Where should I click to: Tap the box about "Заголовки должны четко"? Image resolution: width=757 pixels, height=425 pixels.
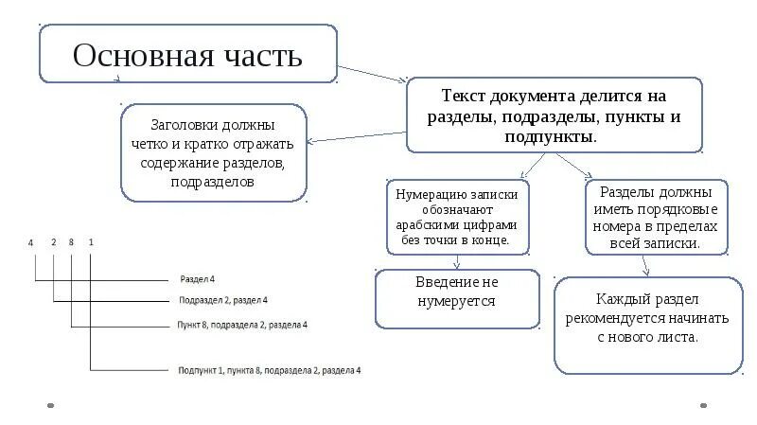tap(213, 152)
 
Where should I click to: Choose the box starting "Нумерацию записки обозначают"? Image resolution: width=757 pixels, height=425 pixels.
tap(457, 217)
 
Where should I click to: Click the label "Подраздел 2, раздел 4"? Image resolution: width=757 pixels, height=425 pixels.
tap(222, 300)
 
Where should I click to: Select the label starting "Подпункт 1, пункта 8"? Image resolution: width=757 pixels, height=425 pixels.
tap(270, 370)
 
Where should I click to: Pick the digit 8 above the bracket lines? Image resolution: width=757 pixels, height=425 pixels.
tap(73, 243)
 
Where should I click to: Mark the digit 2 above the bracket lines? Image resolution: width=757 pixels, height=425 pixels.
tap(54, 243)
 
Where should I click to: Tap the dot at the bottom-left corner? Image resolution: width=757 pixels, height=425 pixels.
tap(49, 406)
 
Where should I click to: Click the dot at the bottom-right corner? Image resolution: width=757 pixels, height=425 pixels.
tap(703, 406)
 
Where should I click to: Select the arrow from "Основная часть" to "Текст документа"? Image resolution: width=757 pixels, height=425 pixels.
tap(374, 75)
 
